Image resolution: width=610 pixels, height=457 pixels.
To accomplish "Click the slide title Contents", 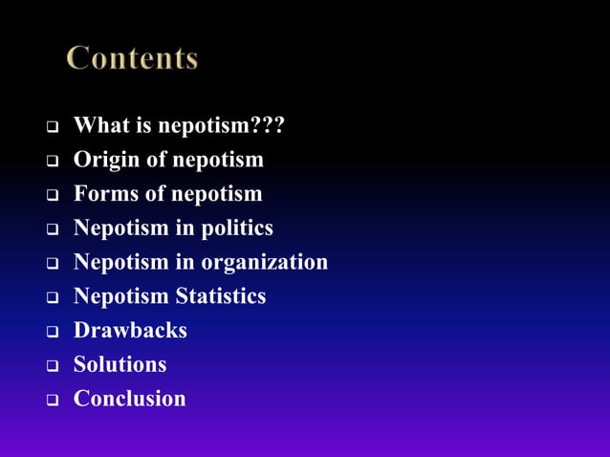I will [132, 58].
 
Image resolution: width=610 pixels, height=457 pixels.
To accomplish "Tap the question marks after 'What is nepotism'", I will [267, 125].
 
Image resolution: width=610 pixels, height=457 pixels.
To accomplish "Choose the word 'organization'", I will [264, 262].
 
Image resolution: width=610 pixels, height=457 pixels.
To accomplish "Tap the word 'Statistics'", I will [220, 296].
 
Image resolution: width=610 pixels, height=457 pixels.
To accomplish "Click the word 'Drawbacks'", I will [130, 331].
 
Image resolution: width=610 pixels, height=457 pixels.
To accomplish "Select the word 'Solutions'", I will [120, 364].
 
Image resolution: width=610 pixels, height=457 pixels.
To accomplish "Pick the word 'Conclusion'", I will [129, 399].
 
